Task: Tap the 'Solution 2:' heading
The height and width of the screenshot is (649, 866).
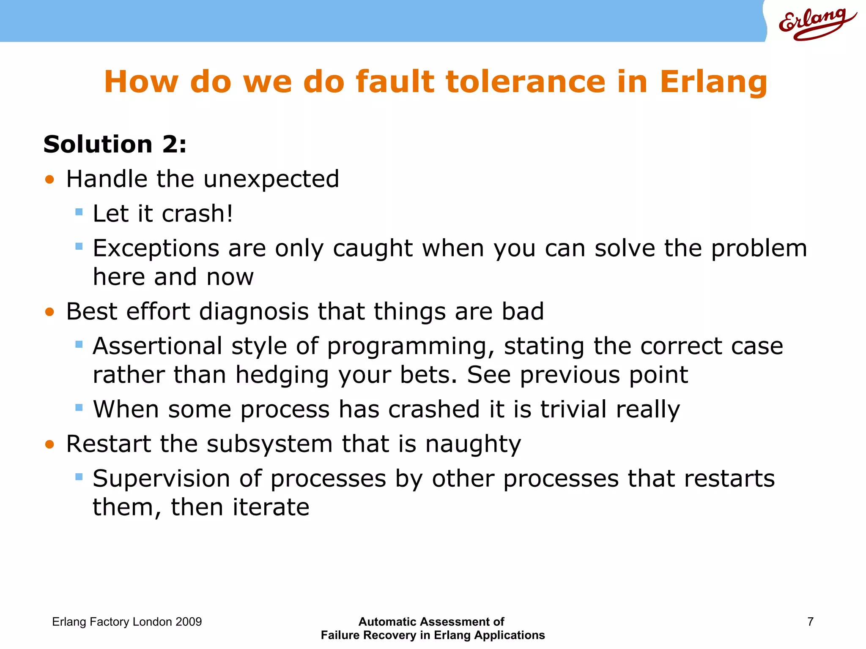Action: [115, 145]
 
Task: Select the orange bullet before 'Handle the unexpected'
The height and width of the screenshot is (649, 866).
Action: [50, 180]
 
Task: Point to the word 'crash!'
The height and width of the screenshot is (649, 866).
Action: [197, 213]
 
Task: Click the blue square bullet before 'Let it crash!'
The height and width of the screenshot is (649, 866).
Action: [79, 212]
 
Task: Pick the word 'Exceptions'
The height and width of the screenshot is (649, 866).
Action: [156, 248]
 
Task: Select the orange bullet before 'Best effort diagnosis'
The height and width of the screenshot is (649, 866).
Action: [50, 312]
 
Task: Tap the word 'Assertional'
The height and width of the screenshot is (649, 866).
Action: [157, 346]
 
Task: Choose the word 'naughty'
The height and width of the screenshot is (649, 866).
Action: [473, 444]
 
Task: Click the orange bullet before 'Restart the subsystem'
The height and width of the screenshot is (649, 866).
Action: [50, 444]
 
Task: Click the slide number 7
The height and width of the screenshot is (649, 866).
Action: [810, 622]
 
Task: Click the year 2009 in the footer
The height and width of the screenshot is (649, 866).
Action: [189, 622]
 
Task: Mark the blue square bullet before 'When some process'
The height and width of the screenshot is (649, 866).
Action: [79, 408]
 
